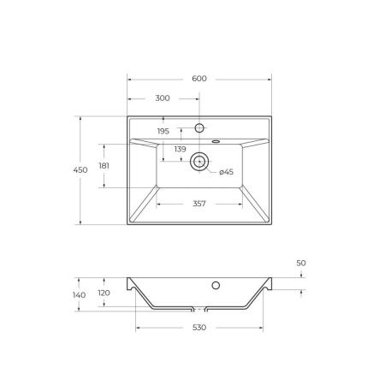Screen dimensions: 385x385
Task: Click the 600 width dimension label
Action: [x=199, y=79]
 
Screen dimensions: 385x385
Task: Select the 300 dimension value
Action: [x=162, y=99]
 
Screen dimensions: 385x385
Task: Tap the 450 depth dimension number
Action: [x=81, y=171]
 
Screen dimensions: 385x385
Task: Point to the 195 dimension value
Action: [x=163, y=131]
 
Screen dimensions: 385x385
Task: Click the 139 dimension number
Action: [x=181, y=149]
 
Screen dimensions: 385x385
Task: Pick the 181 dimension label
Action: [x=104, y=166]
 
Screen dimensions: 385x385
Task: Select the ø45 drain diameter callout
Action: [x=226, y=173]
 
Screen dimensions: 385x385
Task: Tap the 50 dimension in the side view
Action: [x=301, y=264]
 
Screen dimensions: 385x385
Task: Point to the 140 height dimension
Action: [x=80, y=295]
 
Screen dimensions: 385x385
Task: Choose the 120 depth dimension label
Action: [x=104, y=292]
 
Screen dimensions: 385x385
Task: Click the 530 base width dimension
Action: [x=200, y=328]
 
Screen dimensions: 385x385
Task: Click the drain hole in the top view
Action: [x=200, y=159]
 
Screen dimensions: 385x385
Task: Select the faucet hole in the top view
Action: [x=200, y=128]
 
